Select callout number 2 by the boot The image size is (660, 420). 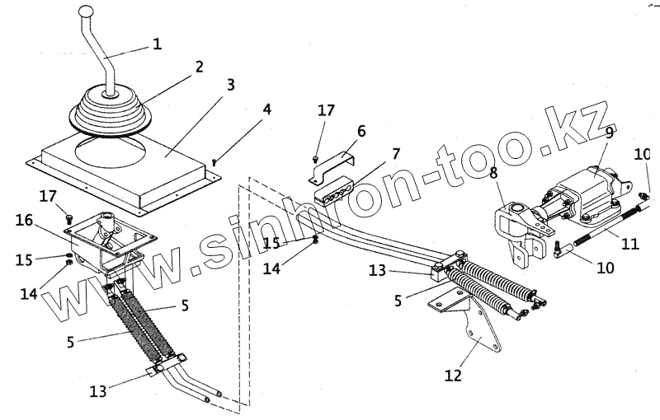pyautogui.click(x=199, y=67)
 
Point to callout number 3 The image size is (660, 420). pyautogui.click(x=230, y=84)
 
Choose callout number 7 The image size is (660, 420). pyautogui.click(x=396, y=153)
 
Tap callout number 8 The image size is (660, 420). pyautogui.click(x=493, y=174)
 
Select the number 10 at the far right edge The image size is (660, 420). pyautogui.click(x=643, y=154)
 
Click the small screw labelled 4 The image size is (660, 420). pyautogui.click(x=215, y=161)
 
